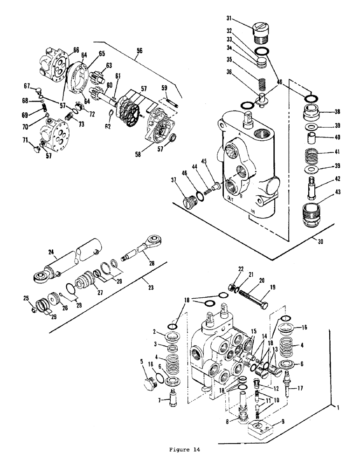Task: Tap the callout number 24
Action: (51, 252)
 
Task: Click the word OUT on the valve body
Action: (230, 198)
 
